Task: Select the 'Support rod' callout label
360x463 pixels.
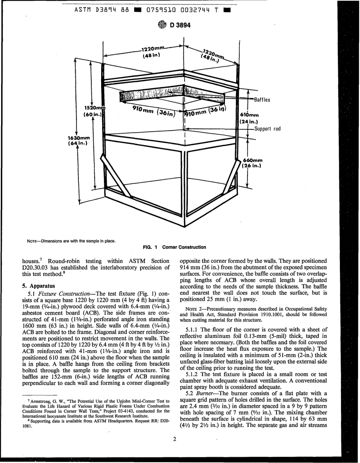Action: coord(267,129)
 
